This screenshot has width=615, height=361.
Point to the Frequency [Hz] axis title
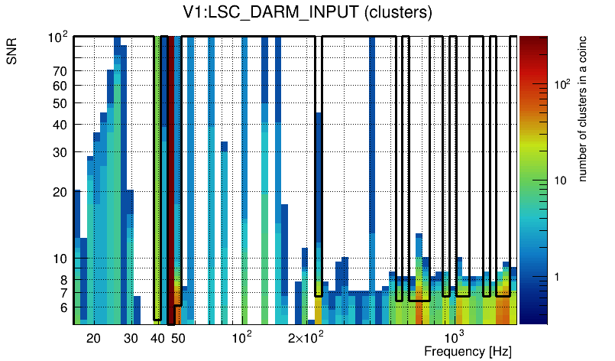click(x=468, y=351)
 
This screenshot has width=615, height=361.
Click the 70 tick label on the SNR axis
click(x=61, y=71)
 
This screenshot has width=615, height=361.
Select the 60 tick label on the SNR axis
click(x=61, y=86)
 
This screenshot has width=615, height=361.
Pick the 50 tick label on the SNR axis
click(x=61, y=103)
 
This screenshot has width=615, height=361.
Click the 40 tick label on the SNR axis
click(x=61, y=125)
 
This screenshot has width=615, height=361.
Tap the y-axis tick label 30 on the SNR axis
click(x=61, y=152)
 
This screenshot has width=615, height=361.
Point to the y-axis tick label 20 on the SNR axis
click(x=61, y=192)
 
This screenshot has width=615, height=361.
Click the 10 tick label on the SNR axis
click(x=61, y=259)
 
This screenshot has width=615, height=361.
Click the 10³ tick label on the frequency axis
click(x=454, y=337)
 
